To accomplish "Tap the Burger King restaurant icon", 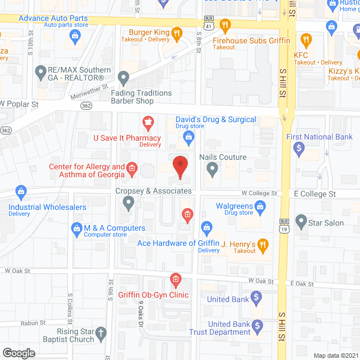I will pyautogui.click(x=176, y=33).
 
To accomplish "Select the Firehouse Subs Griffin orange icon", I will pyautogui.click(x=226, y=25).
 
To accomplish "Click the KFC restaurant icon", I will pyautogui.click(x=306, y=39).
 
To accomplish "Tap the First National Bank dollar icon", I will pyautogui.click(x=300, y=149).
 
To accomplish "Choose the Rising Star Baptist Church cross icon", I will pyautogui.click(x=101, y=332).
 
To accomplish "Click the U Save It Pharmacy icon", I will pyautogui.click(x=148, y=121).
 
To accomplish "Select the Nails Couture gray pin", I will pyautogui.click(x=212, y=169).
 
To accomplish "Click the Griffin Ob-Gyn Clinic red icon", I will pyautogui.click(x=175, y=280).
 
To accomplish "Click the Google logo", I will pyautogui.click(x=18, y=353).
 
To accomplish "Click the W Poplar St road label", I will pyautogui.click(x=19, y=104).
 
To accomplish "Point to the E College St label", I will pyautogui.click(x=314, y=193).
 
